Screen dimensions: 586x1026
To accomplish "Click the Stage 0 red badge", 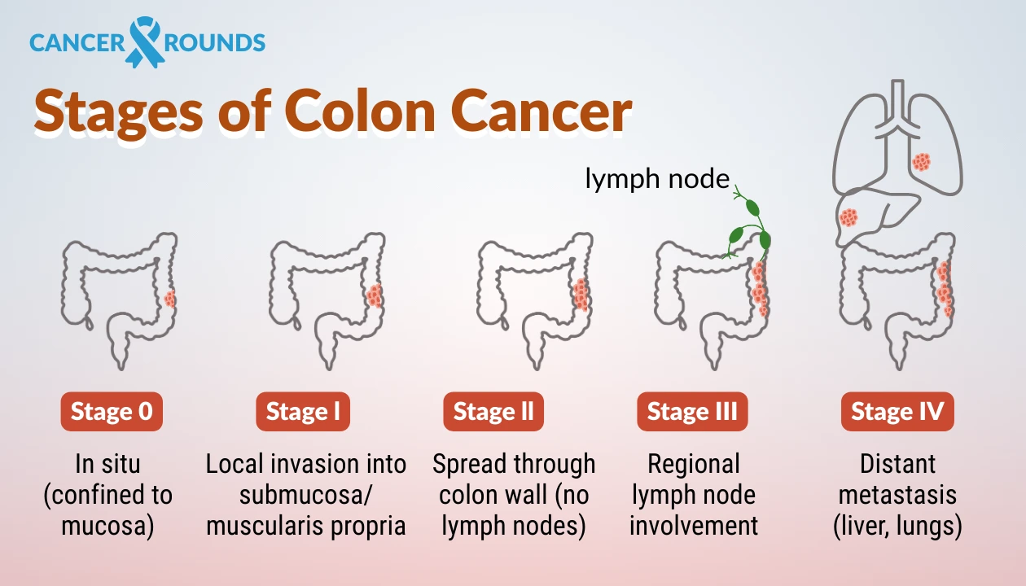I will coord(112,412).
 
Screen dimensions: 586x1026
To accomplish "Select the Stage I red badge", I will coord(303,412).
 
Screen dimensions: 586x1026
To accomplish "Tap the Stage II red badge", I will coord(493,412).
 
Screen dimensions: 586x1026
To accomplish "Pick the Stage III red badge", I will coord(692,412).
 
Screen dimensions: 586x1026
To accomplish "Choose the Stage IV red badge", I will coord(897,412).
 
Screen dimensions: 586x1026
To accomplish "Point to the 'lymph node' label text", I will coord(657,179).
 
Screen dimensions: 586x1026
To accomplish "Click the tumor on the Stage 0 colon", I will coord(169,299).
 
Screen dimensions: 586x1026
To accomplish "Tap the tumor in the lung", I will coord(921,162).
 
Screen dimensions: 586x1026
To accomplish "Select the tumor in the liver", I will coord(848,217).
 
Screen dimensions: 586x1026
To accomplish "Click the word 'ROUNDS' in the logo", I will coord(215,42).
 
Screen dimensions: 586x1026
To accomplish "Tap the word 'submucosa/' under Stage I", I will coord(306,495).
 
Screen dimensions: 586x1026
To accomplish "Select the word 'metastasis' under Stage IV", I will coord(897,495).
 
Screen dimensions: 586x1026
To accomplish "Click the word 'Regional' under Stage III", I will coord(694,464).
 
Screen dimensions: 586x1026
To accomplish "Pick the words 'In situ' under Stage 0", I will coord(107,464).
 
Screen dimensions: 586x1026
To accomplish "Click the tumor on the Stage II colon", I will coord(581,295).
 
